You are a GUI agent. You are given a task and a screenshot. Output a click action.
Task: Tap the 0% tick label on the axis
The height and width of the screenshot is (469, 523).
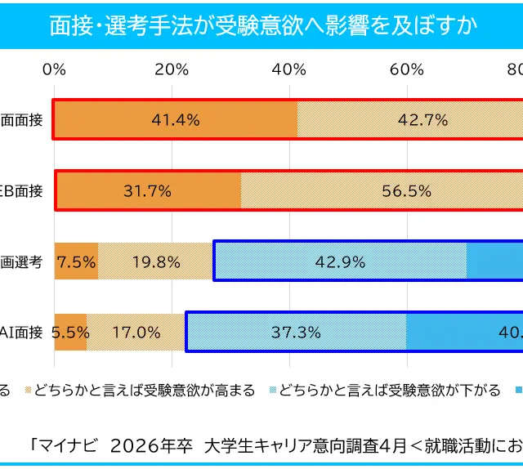click(x=55, y=69)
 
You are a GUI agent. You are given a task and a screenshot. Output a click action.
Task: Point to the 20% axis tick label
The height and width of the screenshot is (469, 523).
click(x=172, y=69)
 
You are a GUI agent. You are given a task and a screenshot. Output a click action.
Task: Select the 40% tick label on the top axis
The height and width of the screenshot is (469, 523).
click(x=288, y=69)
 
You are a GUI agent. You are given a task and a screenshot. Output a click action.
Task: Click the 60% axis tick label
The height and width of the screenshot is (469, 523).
click(x=406, y=69)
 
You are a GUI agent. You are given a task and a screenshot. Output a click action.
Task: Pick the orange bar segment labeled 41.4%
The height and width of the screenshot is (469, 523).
click(x=176, y=119)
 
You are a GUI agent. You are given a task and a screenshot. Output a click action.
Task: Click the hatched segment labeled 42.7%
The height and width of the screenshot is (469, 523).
click(x=409, y=119)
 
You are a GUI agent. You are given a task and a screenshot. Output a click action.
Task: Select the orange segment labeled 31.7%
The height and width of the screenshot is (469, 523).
click(x=148, y=191)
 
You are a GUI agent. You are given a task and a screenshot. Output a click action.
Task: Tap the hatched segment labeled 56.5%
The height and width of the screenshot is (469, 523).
click(x=382, y=191)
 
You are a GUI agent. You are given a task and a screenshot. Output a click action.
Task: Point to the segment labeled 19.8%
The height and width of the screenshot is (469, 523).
click(x=156, y=262)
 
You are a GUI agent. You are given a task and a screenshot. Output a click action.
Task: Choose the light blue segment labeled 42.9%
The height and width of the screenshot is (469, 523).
click(x=340, y=262)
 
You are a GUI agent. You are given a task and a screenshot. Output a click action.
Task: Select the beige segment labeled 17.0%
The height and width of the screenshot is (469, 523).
click(x=136, y=333)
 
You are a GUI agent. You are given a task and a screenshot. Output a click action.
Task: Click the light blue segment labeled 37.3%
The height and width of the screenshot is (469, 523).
click(x=296, y=333)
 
